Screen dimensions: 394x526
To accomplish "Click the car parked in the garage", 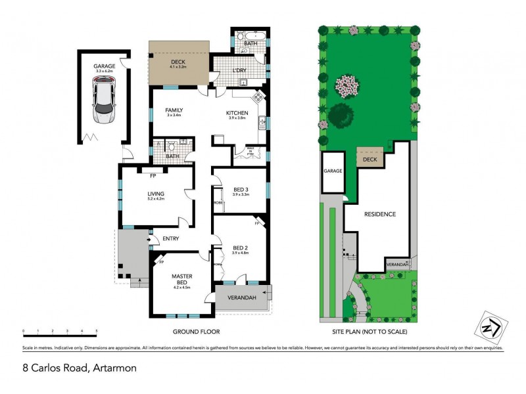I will (x=105, y=102).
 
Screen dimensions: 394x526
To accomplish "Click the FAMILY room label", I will (x=174, y=110).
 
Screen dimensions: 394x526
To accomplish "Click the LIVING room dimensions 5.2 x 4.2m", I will (x=155, y=200).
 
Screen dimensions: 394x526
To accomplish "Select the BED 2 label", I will (x=241, y=246).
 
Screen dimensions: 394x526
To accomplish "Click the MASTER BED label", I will (x=181, y=279).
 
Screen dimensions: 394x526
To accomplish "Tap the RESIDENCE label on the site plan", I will (x=379, y=214).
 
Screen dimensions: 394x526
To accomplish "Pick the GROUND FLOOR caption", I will (x=196, y=332).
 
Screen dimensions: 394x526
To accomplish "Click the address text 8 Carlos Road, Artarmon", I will (x=78, y=368).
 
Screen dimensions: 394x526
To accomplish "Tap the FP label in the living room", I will (x=153, y=176).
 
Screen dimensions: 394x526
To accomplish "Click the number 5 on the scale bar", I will (x=97, y=331).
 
